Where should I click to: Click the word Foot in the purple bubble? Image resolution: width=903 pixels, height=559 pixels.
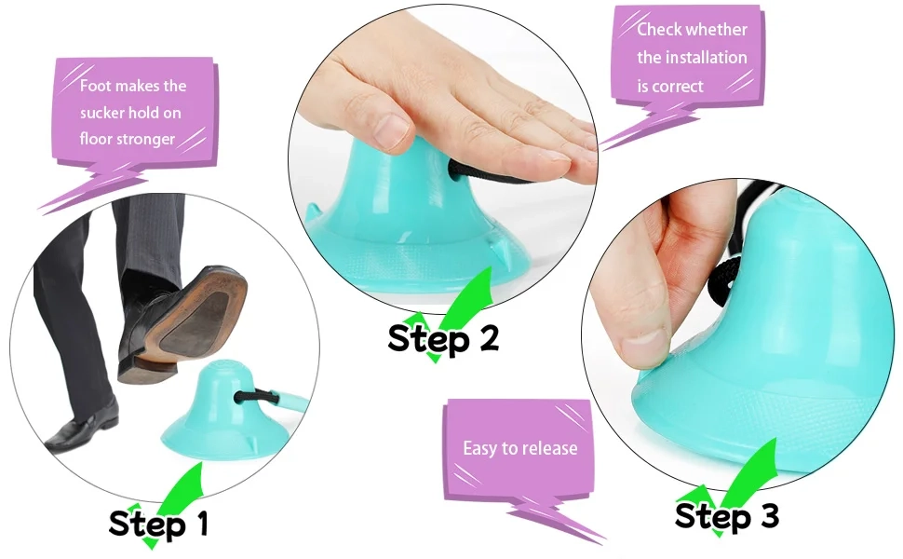coord(94,86)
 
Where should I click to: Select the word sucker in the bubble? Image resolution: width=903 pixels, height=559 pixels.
coord(101,113)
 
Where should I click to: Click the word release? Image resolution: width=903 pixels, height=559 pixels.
coord(550,448)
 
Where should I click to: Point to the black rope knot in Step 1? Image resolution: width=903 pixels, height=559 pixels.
coord(253,398)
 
